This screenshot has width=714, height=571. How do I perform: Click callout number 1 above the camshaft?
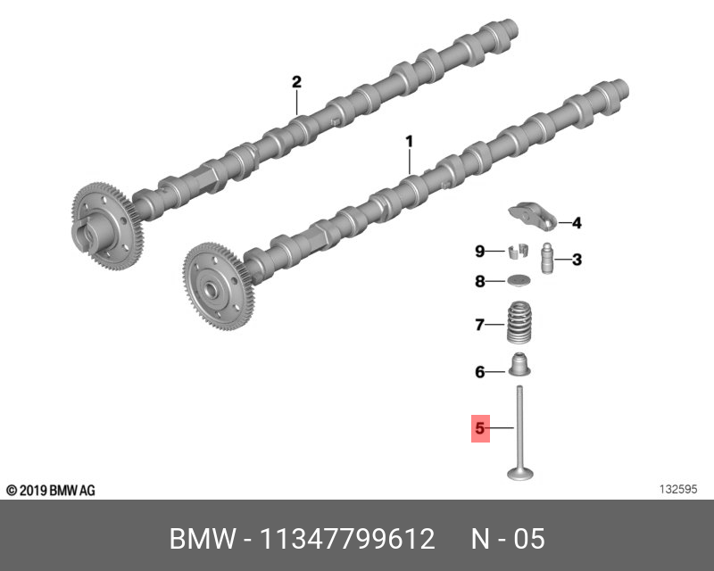[410, 141]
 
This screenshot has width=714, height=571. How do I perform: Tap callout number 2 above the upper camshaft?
[296, 82]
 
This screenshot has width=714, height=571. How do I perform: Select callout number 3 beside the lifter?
[577, 260]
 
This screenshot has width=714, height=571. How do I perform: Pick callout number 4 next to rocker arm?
[577, 223]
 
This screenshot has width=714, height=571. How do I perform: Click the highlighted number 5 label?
[480, 429]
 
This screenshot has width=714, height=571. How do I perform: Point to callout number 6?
[479, 372]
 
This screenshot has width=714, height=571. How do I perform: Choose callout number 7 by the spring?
[479, 325]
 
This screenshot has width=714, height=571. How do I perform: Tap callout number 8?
[479, 282]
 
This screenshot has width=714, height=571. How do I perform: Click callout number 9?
[479, 251]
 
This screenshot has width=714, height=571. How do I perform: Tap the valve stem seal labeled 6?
[517, 366]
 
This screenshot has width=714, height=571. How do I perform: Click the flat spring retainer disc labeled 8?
[518, 282]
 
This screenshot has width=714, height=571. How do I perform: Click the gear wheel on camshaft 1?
[220, 285]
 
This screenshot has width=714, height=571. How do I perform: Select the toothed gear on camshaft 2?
[106, 224]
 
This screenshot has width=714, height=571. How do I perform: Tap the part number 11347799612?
[346, 540]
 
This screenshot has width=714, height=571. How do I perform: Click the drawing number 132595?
[677, 490]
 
